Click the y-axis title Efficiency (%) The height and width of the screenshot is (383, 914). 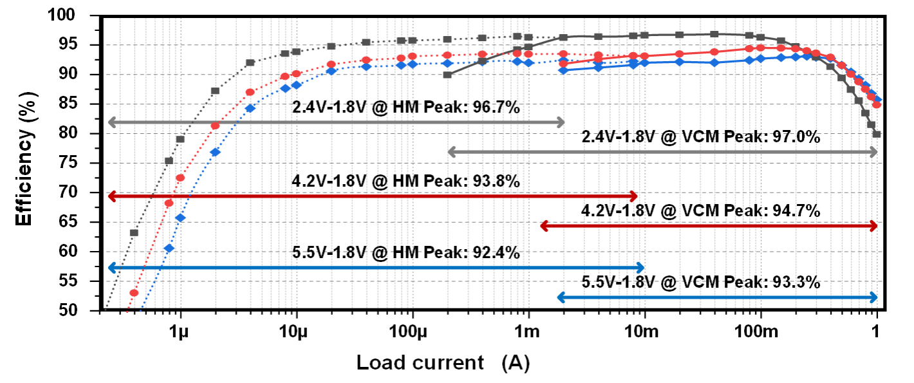tap(24, 163)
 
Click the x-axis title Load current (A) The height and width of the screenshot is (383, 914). tap(443, 363)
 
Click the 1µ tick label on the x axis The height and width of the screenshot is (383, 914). tap(180, 333)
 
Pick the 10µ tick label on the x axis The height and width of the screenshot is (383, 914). tap(296, 333)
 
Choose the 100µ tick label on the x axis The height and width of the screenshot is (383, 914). tap(412, 333)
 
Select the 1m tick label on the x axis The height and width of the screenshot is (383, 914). tap(528, 333)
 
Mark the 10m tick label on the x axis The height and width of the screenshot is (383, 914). tap(644, 333)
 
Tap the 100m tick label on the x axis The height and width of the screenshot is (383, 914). tap(760, 333)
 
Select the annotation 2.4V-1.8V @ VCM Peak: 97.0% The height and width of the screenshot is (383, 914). tap(700, 137)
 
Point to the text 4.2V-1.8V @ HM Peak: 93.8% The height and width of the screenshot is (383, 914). tap(406, 182)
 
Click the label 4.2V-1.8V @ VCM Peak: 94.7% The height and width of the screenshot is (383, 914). tap(700, 210)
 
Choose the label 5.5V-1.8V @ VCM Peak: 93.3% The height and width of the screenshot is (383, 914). tap(700, 282)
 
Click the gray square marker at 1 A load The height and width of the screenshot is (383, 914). tap(876, 135)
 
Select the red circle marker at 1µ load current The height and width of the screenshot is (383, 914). tap(180, 178)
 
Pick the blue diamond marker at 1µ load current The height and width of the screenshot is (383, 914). tap(180, 218)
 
